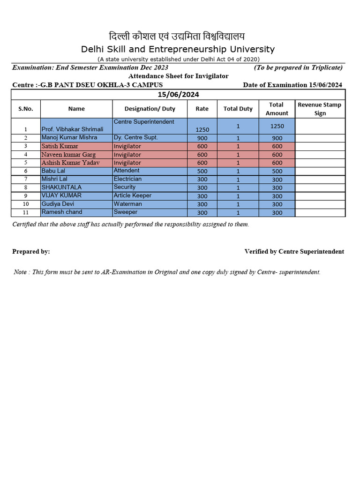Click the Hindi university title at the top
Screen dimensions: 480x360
click(x=177, y=37)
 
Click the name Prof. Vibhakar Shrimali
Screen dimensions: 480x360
click(x=72, y=129)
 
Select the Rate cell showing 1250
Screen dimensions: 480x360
click(x=202, y=129)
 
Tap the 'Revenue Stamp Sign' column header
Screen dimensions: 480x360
click(x=320, y=109)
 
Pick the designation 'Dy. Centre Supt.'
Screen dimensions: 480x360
click(x=135, y=138)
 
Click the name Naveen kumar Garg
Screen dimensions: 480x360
click(x=68, y=155)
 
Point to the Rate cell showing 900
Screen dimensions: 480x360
click(x=202, y=138)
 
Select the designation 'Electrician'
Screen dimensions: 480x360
click(x=127, y=179)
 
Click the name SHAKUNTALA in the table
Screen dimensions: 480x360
click(x=61, y=187)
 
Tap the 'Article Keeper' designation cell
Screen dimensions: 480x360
click(x=133, y=195)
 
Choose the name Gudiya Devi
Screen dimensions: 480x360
click(x=58, y=204)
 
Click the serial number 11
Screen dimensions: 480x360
click(x=26, y=213)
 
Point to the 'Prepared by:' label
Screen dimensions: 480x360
click(x=31, y=252)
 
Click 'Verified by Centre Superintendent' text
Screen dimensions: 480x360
click(x=294, y=252)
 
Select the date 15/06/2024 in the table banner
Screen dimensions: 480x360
click(x=178, y=95)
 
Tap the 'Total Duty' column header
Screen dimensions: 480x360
click(x=238, y=109)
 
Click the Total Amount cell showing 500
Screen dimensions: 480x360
click(x=277, y=172)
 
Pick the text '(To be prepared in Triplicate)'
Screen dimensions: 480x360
click(x=298, y=67)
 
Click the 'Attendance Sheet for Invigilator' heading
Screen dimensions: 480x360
click(x=178, y=76)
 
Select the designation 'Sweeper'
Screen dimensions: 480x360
click(x=125, y=212)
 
